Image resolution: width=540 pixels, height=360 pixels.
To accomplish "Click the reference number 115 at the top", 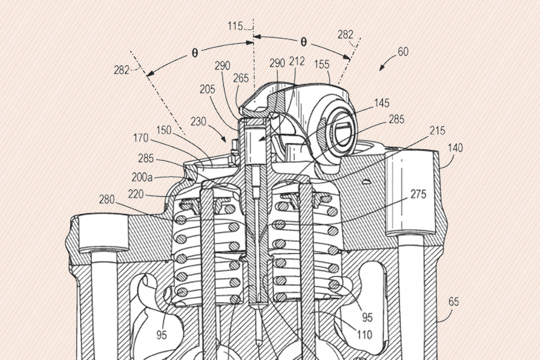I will (235, 26).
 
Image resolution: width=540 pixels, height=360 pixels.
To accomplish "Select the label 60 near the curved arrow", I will (403, 52).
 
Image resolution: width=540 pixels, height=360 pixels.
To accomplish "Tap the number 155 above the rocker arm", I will (322, 64).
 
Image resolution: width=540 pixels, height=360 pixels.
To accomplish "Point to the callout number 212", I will (297, 61).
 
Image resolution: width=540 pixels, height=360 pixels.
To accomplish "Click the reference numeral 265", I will (241, 78).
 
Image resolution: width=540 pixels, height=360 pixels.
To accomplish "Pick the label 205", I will (208, 89).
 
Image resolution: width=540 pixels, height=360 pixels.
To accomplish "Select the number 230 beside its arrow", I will (198, 121).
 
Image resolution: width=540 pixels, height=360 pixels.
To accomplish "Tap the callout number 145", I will (382, 103).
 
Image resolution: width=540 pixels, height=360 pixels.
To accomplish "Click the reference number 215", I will (437, 131).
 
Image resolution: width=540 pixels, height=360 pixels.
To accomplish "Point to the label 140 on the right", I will (455, 148).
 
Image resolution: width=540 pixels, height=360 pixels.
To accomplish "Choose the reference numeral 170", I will (141, 138).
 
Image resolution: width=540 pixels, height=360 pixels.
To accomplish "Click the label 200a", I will (142, 178).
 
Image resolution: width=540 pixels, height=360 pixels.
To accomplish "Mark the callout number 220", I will (136, 194).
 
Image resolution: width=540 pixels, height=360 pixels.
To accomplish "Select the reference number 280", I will (107, 200).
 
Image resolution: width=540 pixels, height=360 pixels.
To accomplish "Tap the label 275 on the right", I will (419, 194).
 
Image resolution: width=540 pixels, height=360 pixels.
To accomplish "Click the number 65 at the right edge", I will (453, 302).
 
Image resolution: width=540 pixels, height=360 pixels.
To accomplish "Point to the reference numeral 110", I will (364, 335).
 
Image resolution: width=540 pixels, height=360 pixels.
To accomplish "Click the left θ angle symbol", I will (194, 53).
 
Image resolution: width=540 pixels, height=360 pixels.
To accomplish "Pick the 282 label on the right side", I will (345, 35).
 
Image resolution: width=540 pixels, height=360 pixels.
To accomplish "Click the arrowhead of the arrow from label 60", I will (381, 70).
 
